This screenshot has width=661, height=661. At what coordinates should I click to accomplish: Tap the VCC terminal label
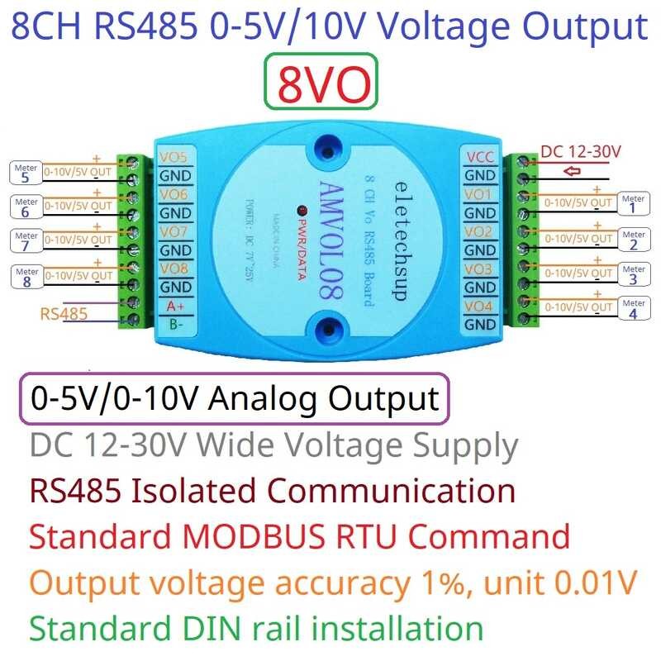tap(480, 157)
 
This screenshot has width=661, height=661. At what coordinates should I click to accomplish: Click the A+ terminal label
tap(175, 306)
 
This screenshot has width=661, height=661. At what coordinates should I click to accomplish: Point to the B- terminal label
tap(175, 325)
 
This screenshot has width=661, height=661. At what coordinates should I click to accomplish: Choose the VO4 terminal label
tap(480, 307)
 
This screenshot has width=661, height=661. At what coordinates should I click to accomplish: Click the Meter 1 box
tap(633, 203)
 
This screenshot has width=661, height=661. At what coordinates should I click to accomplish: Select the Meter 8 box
tap(26, 277)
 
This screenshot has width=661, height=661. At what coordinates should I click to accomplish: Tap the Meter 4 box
tap(633, 310)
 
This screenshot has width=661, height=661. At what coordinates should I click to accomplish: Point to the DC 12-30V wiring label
tap(581, 152)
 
